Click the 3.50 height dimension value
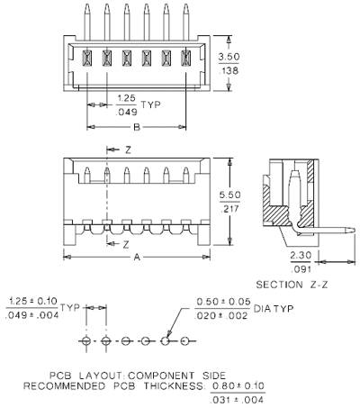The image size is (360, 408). click(x=229, y=57)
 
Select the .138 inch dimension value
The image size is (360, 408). click(x=229, y=71)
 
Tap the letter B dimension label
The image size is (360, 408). click(x=137, y=127)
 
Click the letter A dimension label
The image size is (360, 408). click(x=137, y=258)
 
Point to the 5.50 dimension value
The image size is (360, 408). click(x=229, y=195)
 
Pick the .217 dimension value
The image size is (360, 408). click(x=229, y=209)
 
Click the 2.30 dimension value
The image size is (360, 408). click(x=301, y=256)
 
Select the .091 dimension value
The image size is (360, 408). click(x=301, y=269)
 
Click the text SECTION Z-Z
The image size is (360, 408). click(x=292, y=285)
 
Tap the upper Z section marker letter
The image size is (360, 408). click(x=128, y=150)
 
